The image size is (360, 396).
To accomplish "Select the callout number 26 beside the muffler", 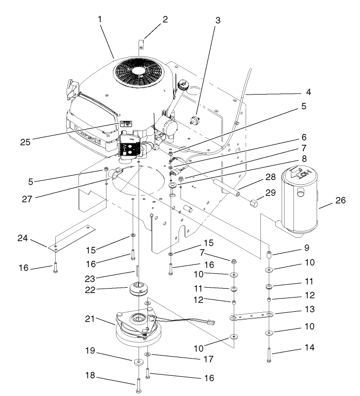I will (x=340, y=200).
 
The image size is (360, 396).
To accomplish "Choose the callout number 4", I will (x=308, y=92).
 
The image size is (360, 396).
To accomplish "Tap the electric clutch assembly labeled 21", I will (x=133, y=325).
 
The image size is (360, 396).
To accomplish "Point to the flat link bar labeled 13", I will (x=252, y=317).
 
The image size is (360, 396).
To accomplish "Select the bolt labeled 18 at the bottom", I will (x=138, y=384).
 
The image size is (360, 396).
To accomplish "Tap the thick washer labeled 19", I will (x=138, y=363).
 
